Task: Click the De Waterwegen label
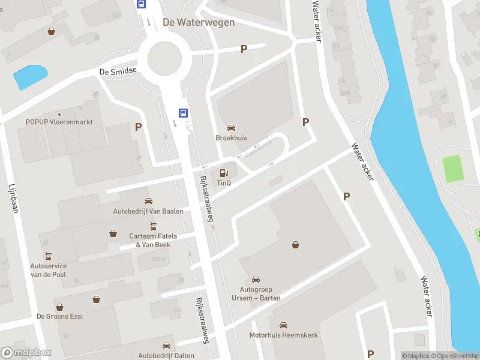[199, 22]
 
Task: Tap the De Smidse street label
[118, 71]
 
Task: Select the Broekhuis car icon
[231, 128]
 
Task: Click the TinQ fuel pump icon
[224, 173]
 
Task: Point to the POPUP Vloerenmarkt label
[59, 122]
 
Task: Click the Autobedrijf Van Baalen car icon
[148, 201]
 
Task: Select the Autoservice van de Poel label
[48, 270]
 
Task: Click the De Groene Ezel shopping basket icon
[96, 299]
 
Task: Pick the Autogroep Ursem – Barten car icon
[256, 280]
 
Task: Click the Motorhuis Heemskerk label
[284, 335]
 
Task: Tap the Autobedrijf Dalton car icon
[167, 346]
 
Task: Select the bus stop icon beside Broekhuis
[182, 112]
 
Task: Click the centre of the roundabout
[164, 58]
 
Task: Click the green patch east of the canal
[454, 169]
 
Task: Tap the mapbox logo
[26, 353]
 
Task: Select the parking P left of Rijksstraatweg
[139, 127]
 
